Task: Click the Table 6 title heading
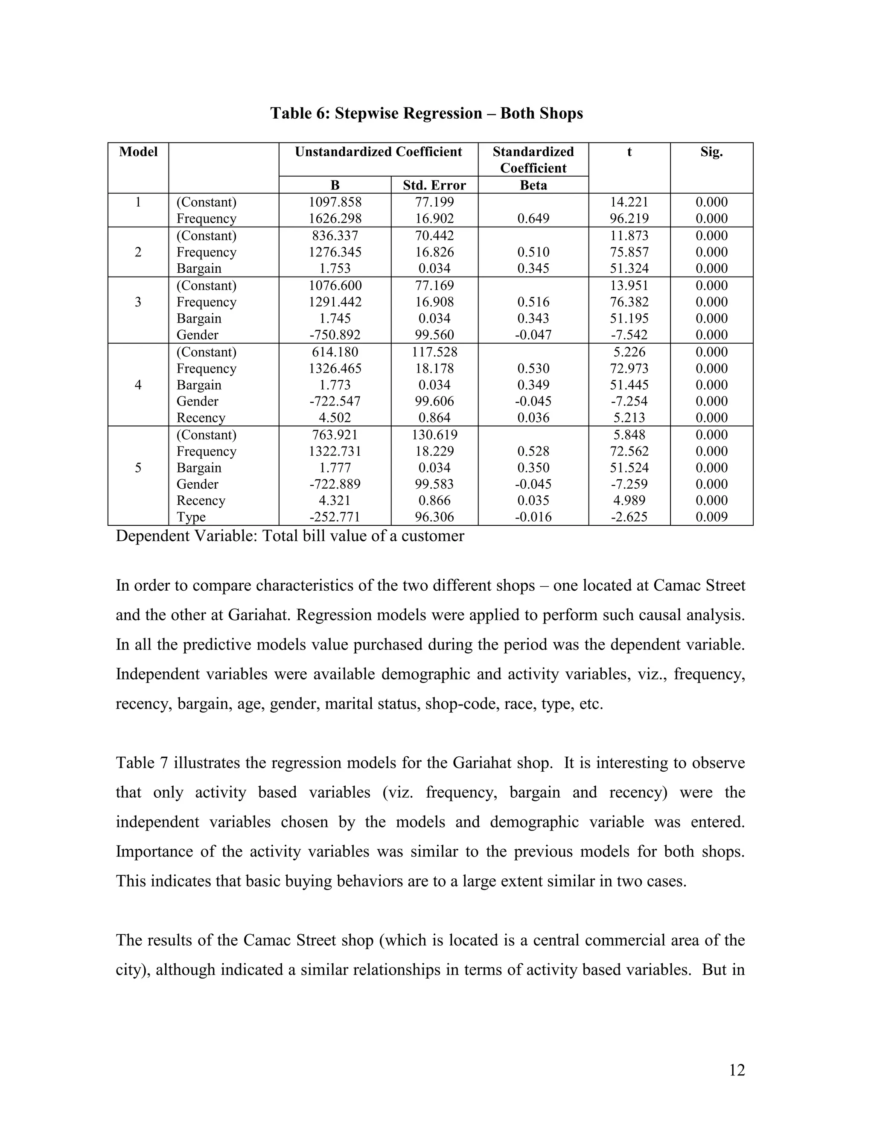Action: click(x=426, y=113)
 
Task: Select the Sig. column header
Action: click(x=711, y=152)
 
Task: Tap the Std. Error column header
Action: click(x=434, y=185)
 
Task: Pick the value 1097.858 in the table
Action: click(x=335, y=202)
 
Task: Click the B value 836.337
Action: click(x=335, y=236)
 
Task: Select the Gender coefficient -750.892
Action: click(x=335, y=335)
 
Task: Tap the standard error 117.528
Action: click(x=434, y=352)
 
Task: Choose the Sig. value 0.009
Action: click(x=711, y=517)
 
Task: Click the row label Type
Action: click(x=191, y=517)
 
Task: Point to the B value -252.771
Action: click(x=335, y=517)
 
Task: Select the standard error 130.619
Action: click(x=434, y=434)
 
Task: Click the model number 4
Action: click(x=138, y=385)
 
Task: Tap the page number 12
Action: click(x=736, y=1070)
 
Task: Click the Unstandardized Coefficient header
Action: click(x=378, y=152)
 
